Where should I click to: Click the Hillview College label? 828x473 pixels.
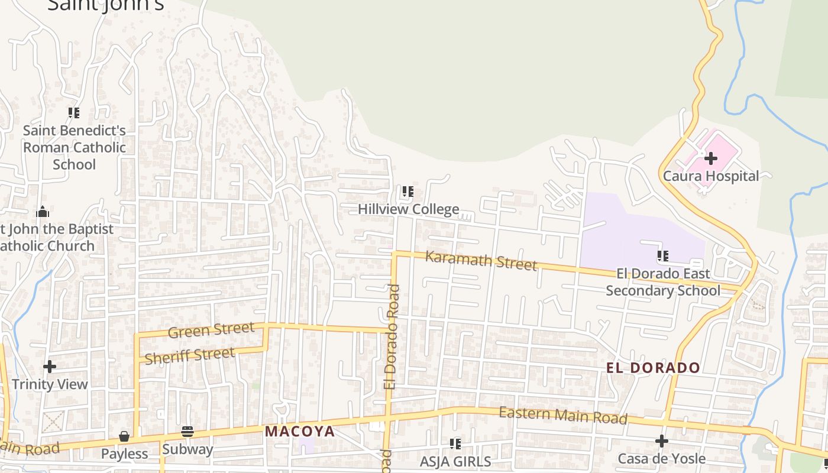[408, 209]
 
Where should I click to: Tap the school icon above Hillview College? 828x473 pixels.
[408, 192]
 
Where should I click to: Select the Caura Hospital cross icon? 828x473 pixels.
[711, 158]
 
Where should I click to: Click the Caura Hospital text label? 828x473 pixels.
[711, 176]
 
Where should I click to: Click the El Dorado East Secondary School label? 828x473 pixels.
[663, 282]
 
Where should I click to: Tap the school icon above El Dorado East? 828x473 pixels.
[663, 256]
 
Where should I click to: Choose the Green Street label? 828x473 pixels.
[211, 330]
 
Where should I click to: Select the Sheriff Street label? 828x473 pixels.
[190, 356]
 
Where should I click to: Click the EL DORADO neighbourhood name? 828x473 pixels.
[653, 368]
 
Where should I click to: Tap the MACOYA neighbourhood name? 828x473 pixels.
[300, 431]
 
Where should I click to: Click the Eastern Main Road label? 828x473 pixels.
[562, 415]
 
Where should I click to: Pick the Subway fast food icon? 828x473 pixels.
[187, 432]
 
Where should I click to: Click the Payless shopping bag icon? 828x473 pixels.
[124, 436]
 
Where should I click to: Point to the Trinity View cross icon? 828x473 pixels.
[50, 367]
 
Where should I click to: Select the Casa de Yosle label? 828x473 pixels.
[661, 459]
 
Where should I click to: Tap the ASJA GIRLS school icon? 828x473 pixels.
[455, 443]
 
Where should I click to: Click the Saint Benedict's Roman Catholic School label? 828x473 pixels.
[75, 147]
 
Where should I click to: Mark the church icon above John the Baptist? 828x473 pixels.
[43, 212]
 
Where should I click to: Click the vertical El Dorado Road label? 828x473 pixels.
[392, 337]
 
